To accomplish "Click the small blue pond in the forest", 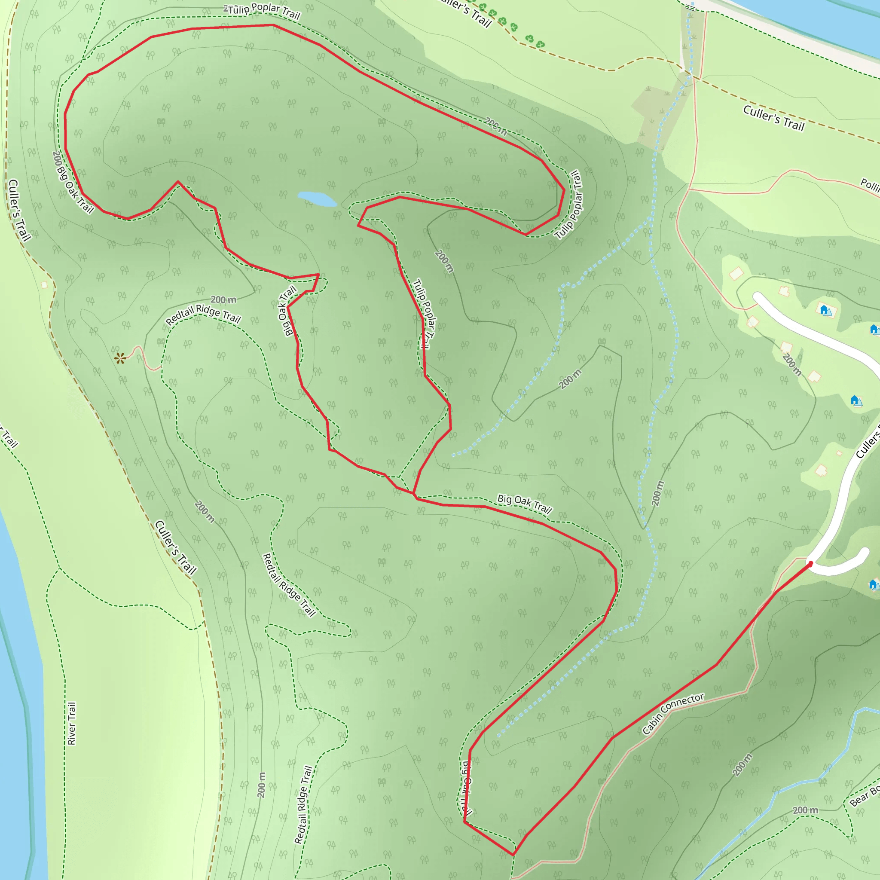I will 317,199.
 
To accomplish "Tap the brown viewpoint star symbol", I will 120,358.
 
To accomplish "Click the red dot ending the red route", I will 810,564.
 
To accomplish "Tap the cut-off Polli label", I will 870,185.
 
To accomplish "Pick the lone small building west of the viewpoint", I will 44,285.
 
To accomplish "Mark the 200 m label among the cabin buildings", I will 791,364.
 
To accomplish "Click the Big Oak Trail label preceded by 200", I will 73,182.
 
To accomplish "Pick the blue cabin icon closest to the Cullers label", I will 856,400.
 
